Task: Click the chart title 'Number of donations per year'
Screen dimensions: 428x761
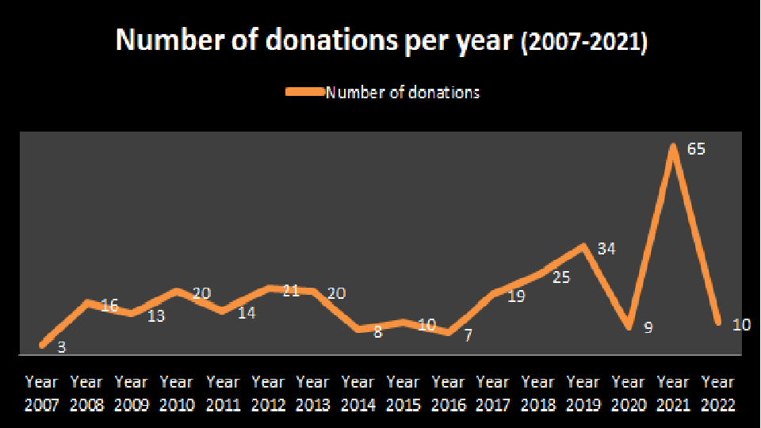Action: [315, 41]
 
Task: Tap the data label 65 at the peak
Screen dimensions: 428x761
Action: [697, 149]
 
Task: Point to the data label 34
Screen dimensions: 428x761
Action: [606, 249]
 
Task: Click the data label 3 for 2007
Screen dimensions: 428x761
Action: [61, 346]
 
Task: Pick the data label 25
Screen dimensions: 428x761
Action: [561, 278]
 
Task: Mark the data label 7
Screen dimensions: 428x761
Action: [468, 335]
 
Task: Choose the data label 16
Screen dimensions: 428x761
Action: [109, 305]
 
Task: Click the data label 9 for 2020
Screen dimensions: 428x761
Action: [648, 327]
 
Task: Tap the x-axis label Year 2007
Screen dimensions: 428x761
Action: [41, 394]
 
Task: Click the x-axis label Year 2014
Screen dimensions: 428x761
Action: [358, 394]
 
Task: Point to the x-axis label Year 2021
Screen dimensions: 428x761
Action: [673, 394]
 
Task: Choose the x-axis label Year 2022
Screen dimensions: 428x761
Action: [718, 394]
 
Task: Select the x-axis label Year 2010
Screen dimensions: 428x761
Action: [177, 394]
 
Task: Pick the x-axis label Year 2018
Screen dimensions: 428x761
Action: [538, 394]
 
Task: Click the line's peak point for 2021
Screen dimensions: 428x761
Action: [673, 145]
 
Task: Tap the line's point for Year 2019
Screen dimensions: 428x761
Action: [583, 246]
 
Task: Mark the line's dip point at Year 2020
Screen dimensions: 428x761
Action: [629, 327]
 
